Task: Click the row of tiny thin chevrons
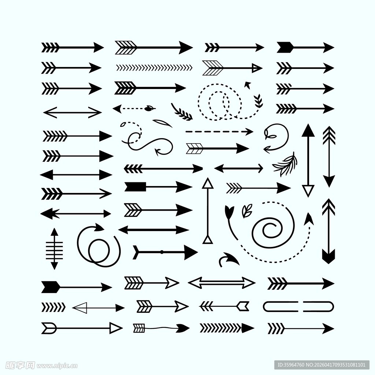coord(154,67)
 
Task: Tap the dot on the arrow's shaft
coord(161,252)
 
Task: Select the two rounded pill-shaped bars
coord(298,307)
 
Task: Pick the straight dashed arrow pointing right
coord(219,131)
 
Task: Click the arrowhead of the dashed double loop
coord(248,85)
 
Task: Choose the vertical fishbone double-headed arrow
coord(55,249)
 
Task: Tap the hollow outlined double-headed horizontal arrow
coord(222,283)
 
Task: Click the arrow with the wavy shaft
coord(161,328)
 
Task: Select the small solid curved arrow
coord(229,259)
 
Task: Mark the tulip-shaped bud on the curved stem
coord(229,211)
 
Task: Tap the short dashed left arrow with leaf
coord(134,108)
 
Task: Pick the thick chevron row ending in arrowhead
coord(227,328)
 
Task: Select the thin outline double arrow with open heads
coord(72,112)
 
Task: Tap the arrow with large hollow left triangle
coord(98,308)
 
